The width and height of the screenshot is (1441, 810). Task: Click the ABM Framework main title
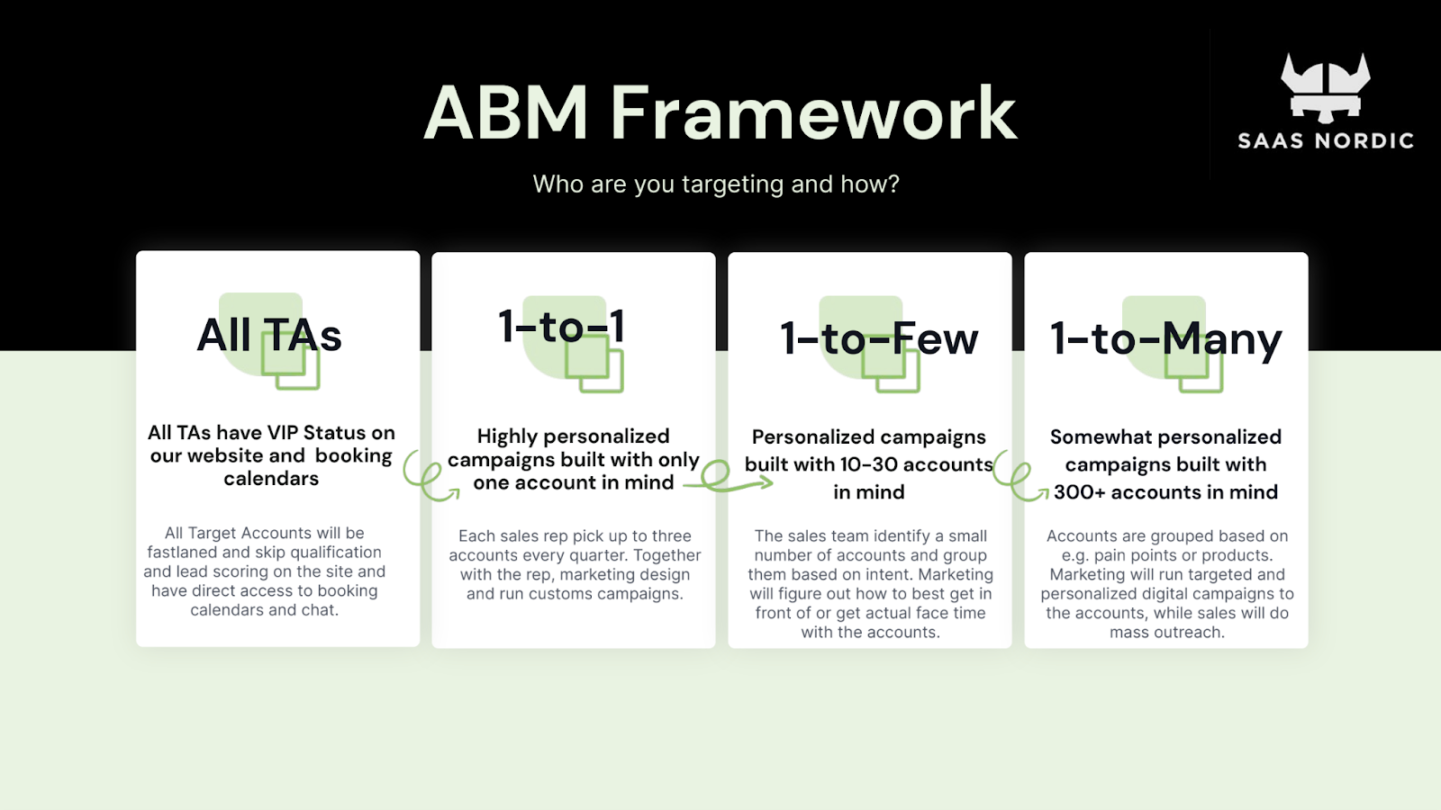tap(720, 112)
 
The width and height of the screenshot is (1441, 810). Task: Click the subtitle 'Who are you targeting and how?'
tap(716, 184)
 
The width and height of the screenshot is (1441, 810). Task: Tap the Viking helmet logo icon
tap(1325, 88)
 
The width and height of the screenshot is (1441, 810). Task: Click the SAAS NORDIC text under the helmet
tap(1326, 140)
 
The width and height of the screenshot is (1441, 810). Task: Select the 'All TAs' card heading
tap(269, 335)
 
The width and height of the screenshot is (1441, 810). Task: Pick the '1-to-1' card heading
tap(562, 326)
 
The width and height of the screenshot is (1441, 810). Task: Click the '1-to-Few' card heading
tap(879, 338)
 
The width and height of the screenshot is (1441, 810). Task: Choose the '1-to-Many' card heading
tap(1165, 340)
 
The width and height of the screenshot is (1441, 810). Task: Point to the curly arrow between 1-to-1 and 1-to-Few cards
tap(726, 479)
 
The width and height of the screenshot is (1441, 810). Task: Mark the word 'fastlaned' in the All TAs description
tap(181, 553)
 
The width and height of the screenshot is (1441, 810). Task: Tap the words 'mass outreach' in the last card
tap(1167, 633)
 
